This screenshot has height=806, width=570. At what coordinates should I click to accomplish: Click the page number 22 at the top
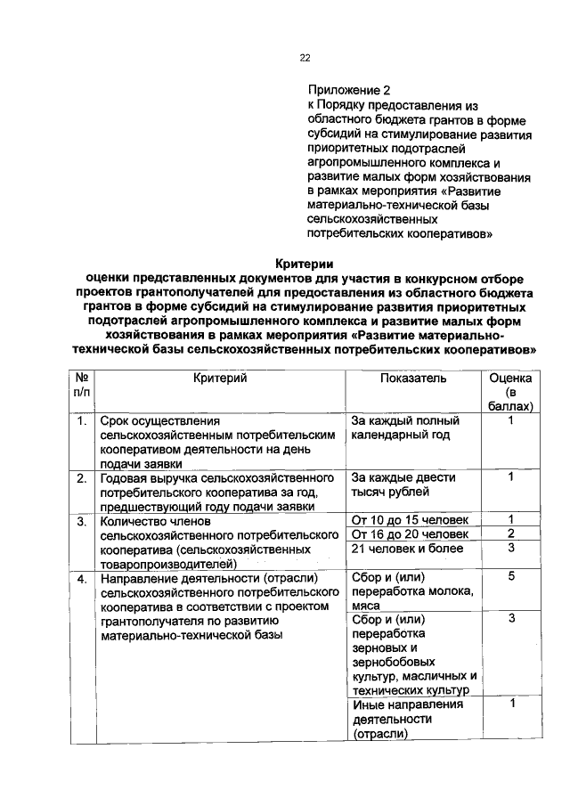point(305,58)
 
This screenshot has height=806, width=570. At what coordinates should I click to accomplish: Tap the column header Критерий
point(219,379)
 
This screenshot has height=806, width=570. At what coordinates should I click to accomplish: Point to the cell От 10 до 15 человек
point(411,520)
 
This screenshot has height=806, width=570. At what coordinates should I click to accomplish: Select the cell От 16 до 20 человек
point(411,534)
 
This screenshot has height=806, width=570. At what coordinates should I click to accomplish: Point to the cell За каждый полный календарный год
point(405,427)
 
